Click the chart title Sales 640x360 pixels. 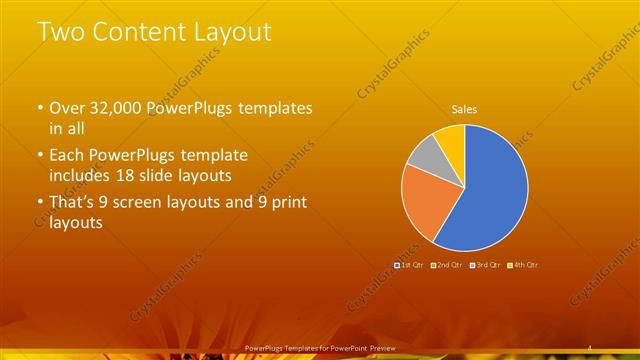point(464,109)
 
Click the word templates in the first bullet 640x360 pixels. point(277,107)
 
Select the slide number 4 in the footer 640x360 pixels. point(592,347)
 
